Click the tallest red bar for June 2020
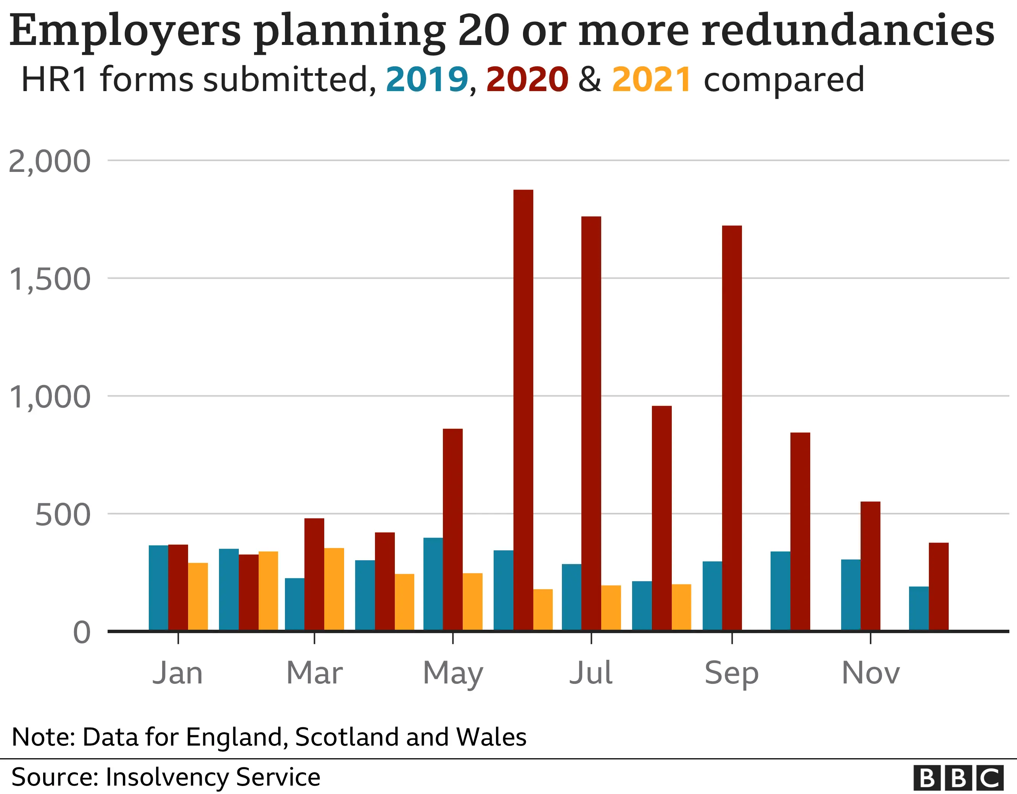point(523,409)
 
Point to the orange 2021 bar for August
point(681,607)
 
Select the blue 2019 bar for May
point(433,584)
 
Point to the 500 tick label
point(63,515)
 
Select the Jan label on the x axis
point(178,673)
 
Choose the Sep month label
point(732,673)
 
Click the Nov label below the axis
point(870,673)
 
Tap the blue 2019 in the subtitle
point(426,80)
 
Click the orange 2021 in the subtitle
point(652,80)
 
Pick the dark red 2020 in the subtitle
point(527,80)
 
